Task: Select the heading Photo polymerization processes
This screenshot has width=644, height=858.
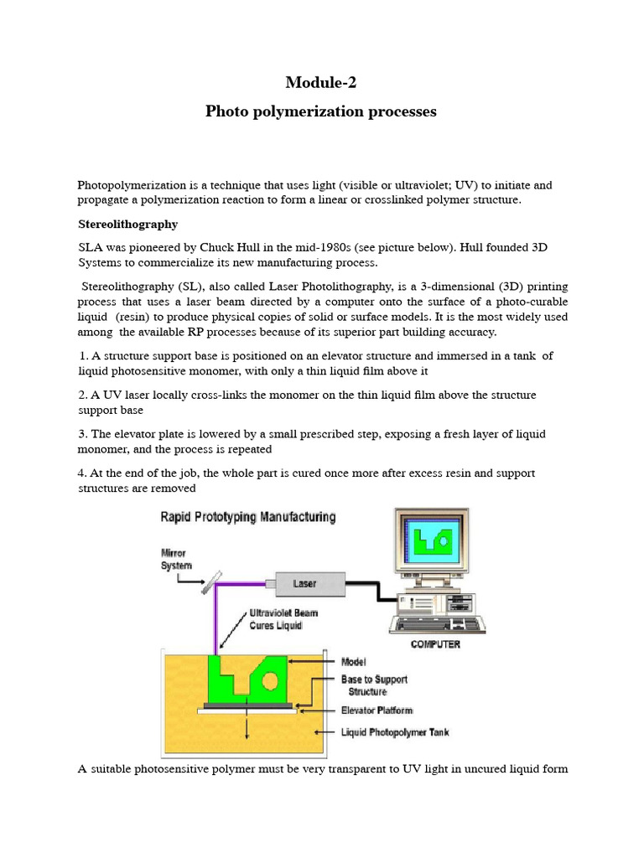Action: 321,111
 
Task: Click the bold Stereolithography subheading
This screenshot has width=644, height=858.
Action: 127,225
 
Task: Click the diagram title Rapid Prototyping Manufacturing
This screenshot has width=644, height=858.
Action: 248,517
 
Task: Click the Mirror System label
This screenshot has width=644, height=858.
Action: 175,559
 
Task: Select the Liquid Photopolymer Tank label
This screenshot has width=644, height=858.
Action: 395,731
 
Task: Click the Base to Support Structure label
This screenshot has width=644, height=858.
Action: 373,685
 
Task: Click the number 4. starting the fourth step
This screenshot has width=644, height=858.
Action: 83,473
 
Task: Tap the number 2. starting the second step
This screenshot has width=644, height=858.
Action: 83,395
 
